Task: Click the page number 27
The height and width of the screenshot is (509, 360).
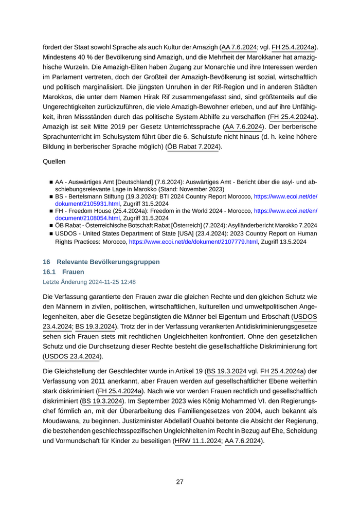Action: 179,482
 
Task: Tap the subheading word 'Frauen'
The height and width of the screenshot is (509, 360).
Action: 73,271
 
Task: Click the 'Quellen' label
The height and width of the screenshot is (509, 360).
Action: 54,161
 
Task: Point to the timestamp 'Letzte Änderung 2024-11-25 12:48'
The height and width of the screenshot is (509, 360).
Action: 89,282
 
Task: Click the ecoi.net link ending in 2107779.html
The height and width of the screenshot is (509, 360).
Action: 193,242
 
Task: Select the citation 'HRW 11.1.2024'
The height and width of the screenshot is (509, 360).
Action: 198,441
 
